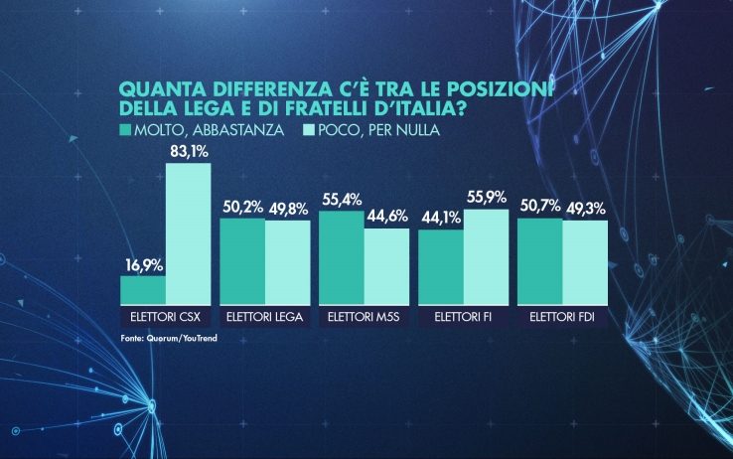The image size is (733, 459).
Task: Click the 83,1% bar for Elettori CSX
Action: (188, 232)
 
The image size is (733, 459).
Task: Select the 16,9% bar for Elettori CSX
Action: (143, 289)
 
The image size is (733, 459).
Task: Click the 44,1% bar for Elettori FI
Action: (440, 266)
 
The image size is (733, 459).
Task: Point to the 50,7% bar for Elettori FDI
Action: (540, 260)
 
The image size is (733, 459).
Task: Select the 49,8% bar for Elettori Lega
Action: (287, 261)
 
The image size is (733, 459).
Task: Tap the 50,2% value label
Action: (241, 209)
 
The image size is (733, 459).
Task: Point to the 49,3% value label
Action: (585, 210)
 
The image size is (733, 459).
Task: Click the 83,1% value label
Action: (188, 152)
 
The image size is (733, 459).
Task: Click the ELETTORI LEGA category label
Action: (264, 317)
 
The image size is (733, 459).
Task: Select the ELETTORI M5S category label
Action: (364, 317)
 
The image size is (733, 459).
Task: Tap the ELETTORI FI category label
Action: (463, 317)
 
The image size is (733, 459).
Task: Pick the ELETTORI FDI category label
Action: (562, 317)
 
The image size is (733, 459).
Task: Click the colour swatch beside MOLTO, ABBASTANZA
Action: (123, 130)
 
